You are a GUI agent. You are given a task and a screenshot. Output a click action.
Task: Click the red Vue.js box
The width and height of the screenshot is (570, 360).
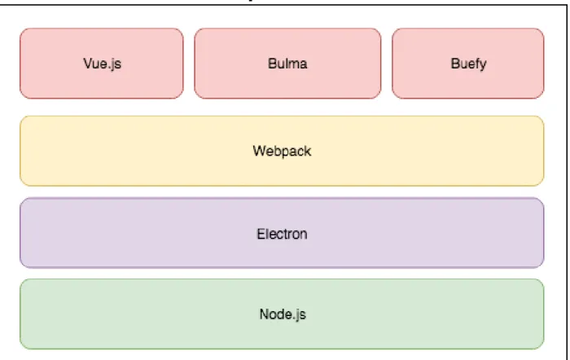point(102,64)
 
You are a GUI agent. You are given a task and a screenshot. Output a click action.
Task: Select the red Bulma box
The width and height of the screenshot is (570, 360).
point(287,64)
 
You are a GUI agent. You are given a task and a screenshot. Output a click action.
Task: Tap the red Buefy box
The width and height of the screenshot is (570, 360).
point(468,64)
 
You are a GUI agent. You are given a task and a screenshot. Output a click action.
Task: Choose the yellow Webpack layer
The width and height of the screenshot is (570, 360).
point(282,151)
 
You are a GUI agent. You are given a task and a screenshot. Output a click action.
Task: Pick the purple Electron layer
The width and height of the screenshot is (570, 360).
point(282,233)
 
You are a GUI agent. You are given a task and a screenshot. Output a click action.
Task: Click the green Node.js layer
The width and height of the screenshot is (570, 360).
point(282,314)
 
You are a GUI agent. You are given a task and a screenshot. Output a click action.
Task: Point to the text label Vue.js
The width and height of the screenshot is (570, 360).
point(102,64)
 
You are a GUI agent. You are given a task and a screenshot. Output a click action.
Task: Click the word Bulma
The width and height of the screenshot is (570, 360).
point(287,64)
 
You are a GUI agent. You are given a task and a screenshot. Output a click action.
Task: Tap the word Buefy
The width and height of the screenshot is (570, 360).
point(468,64)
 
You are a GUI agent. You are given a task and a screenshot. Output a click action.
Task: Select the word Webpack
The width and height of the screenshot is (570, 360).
point(282,151)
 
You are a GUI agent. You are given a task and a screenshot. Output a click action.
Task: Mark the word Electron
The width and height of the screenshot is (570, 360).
point(282,234)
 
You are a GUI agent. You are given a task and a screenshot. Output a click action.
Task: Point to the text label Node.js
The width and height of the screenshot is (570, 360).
point(283,314)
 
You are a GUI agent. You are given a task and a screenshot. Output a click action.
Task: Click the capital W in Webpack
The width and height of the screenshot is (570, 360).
point(260,151)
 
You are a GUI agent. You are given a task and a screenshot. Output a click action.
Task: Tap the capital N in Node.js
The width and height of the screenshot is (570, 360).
point(264,314)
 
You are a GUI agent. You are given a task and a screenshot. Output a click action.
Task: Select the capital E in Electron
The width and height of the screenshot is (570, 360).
point(261,234)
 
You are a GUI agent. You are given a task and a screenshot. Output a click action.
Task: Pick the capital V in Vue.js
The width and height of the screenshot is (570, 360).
point(88,64)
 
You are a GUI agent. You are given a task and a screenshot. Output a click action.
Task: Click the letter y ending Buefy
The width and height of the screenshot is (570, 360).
point(483,65)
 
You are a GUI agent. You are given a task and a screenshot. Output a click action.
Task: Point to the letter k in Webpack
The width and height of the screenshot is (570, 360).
point(308,151)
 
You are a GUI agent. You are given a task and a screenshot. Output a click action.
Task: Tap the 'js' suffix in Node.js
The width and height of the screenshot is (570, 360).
point(300,315)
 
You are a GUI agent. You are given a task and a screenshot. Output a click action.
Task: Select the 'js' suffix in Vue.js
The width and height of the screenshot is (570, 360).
point(116,64)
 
